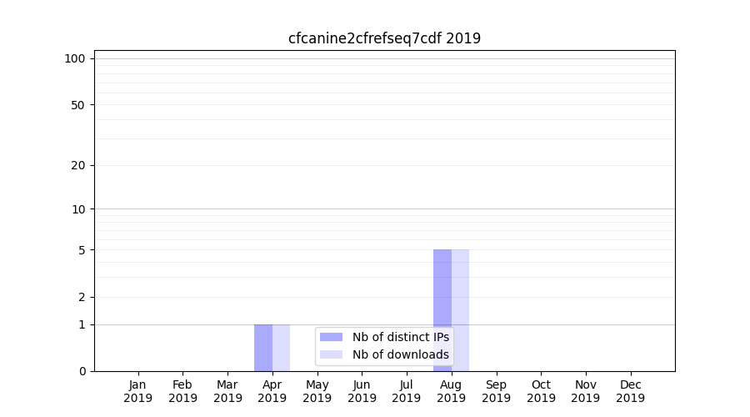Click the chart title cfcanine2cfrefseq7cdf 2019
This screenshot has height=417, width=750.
[384, 38]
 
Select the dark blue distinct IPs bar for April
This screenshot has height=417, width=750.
[263, 347]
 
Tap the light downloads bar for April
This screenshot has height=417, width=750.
[282, 347]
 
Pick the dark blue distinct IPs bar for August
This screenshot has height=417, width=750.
[442, 310]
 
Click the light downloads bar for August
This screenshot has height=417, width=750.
[461, 310]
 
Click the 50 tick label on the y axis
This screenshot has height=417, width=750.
[78, 105]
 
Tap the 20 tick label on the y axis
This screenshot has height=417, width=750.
[78, 165]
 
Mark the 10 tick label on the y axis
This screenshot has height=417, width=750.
[78, 209]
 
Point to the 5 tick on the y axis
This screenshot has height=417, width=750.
[82, 250]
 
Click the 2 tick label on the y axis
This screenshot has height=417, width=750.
[82, 297]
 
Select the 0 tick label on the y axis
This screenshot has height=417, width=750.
[82, 371]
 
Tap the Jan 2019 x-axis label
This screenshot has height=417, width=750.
[138, 391]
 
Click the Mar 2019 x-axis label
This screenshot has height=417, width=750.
[227, 391]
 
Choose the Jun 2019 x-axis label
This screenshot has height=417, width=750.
[362, 391]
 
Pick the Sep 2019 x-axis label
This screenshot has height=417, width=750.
[496, 391]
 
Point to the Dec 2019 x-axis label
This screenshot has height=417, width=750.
[630, 391]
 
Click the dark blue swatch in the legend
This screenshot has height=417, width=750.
[331, 337]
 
